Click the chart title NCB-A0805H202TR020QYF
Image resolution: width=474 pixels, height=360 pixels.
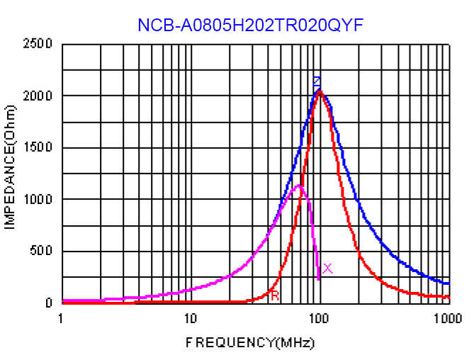click(x=251, y=26)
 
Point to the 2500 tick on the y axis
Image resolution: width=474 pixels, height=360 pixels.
click(x=39, y=44)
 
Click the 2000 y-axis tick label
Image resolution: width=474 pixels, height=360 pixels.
click(x=39, y=96)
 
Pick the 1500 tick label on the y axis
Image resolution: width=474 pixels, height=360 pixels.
click(x=39, y=148)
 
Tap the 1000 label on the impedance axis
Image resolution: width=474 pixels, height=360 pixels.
click(x=39, y=200)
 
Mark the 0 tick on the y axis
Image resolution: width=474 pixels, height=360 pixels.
click(x=49, y=303)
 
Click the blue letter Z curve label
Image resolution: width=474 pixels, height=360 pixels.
click(x=317, y=81)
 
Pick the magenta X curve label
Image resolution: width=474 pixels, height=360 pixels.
click(x=327, y=268)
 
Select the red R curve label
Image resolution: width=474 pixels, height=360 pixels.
click(x=275, y=296)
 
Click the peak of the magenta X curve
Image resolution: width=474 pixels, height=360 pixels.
click(x=300, y=186)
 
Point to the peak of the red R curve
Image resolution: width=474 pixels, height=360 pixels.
click(x=320, y=91)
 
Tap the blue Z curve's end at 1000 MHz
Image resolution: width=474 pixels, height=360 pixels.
click(x=448, y=283)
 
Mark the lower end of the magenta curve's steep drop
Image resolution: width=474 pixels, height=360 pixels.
click(x=319, y=279)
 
